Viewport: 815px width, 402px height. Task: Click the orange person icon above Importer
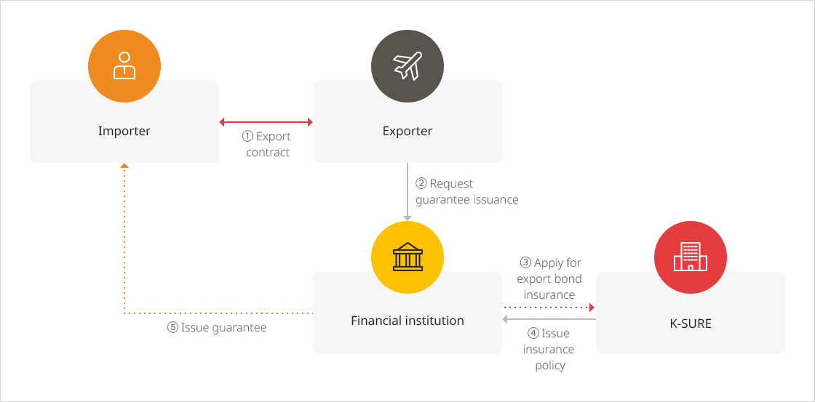click(x=124, y=66)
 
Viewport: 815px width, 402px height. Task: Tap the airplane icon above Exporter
click(x=407, y=66)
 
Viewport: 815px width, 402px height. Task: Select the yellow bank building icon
click(x=407, y=257)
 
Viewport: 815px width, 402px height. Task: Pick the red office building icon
click(x=691, y=257)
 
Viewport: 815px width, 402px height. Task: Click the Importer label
click(x=124, y=131)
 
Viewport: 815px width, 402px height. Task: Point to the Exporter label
click(x=407, y=131)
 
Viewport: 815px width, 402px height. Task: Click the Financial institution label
click(x=407, y=321)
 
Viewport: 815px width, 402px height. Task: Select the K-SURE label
click(x=691, y=323)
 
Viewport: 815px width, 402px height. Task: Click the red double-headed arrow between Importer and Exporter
click(x=266, y=122)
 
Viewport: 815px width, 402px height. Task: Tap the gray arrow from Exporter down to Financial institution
click(x=407, y=192)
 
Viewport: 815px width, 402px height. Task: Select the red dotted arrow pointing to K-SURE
click(x=549, y=307)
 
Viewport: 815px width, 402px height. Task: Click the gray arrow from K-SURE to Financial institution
click(x=549, y=319)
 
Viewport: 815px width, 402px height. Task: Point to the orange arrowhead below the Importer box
click(x=124, y=166)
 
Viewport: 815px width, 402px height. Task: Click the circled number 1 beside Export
click(x=247, y=137)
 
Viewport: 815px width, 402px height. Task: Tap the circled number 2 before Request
click(x=421, y=183)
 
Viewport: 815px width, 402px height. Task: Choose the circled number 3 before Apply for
click(x=525, y=263)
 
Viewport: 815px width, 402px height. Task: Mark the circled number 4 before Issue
click(x=533, y=334)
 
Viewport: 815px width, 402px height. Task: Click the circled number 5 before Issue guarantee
click(x=172, y=328)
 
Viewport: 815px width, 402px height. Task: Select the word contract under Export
click(x=268, y=153)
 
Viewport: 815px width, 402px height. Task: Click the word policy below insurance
click(x=550, y=366)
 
